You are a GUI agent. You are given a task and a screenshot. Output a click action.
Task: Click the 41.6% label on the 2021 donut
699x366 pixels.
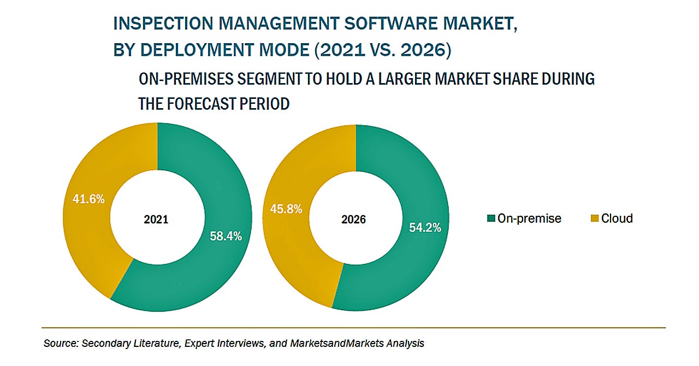click(x=88, y=199)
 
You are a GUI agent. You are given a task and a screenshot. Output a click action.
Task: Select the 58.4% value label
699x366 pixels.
click(x=226, y=236)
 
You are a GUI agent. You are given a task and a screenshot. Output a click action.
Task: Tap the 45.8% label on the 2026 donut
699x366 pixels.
click(x=286, y=209)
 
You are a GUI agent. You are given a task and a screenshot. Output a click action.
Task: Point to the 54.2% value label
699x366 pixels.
click(x=425, y=227)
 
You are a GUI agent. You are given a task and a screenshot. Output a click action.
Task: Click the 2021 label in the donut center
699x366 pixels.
click(x=156, y=220)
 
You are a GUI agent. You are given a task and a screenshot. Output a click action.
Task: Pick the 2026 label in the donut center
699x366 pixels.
click(x=354, y=220)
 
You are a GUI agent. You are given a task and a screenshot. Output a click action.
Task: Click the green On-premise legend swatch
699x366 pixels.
click(x=491, y=219)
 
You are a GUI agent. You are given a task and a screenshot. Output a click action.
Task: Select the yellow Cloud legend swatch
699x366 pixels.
click(x=595, y=219)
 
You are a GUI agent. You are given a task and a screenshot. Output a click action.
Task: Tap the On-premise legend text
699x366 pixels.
click(x=529, y=219)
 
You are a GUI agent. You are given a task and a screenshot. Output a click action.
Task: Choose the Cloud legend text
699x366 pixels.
click(x=617, y=219)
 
